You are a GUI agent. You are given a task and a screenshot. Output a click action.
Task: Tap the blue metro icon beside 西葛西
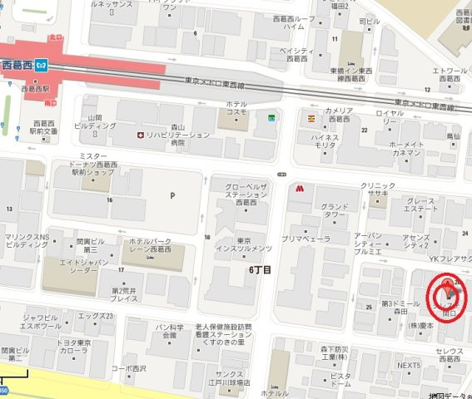coord(51,64)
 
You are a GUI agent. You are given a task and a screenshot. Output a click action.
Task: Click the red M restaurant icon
coord(297,188)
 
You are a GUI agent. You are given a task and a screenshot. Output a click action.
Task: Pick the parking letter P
coord(172,196)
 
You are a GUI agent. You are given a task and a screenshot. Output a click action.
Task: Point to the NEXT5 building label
coord(408,365)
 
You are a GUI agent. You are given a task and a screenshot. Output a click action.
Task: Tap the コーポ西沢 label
coord(128,367)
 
